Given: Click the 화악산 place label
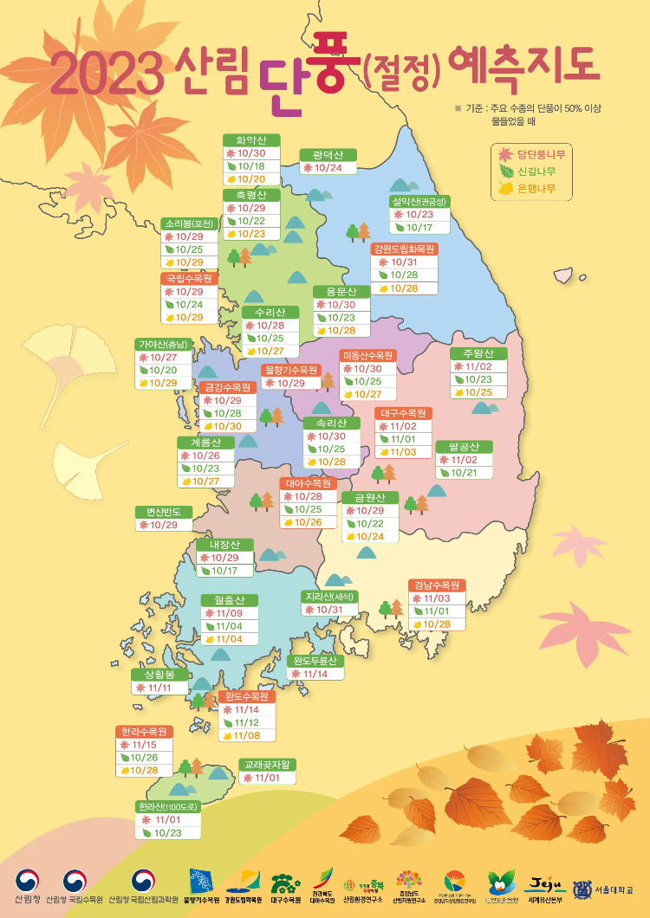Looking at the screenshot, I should (x=251, y=139).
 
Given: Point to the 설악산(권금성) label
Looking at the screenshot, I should (x=419, y=201).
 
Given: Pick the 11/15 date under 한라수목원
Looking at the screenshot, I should (x=144, y=745).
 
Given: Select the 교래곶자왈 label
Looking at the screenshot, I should (x=268, y=765).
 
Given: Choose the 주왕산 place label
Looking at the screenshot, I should (x=478, y=353).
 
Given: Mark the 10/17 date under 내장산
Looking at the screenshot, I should (x=224, y=571).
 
